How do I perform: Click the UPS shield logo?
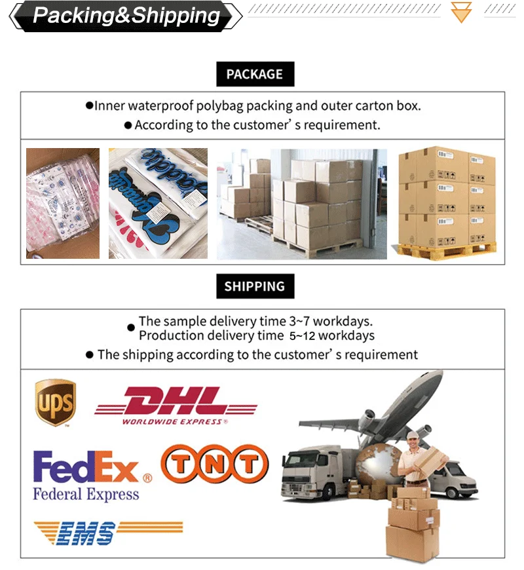(55, 401)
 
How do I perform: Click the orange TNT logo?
(215, 465)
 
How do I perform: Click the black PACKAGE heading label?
(255, 74)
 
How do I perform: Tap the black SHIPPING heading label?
(255, 286)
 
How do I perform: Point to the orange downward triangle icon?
(462, 12)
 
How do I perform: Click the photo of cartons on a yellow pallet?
(447, 202)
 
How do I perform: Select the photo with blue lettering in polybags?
(158, 202)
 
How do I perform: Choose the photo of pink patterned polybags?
(63, 202)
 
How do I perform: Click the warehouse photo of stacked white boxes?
(302, 202)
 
